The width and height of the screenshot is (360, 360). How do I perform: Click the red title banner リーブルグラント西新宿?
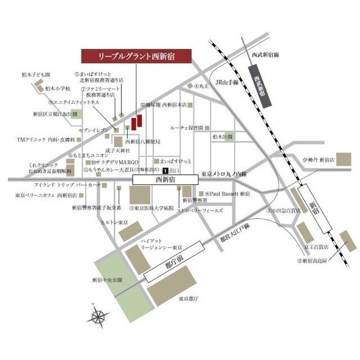137,57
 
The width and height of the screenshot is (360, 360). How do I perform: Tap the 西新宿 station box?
165,179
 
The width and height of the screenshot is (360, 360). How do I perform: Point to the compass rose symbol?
100,315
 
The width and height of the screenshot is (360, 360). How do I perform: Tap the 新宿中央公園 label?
107,280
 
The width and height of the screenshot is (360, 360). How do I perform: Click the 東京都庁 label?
188,299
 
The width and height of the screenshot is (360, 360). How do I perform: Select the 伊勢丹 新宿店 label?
318,159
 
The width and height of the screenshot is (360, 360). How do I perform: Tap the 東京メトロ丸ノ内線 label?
224,174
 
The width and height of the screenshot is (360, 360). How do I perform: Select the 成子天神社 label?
120,151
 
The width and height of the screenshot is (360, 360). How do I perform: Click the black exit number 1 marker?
165,170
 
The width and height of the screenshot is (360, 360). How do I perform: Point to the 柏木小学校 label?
57,88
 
